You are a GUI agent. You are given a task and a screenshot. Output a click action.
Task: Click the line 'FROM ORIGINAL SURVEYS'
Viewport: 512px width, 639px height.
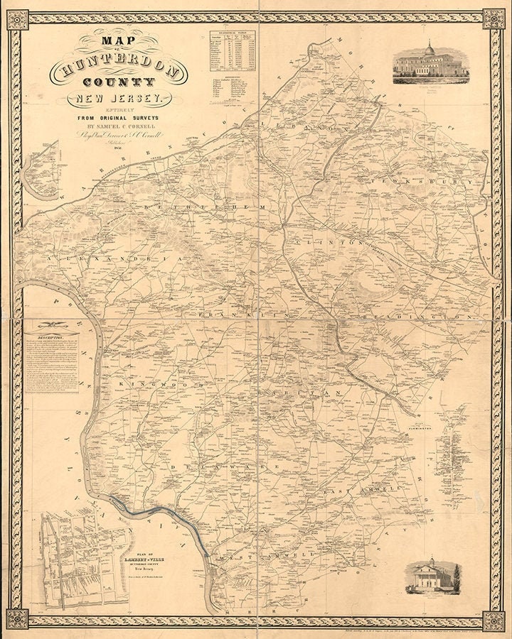[x=118, y=116]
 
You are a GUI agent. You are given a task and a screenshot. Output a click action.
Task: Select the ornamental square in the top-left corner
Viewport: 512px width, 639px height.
[x=17, y=19]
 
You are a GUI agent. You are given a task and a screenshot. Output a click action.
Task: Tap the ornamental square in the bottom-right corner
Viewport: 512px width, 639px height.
[x=494, y=620]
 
